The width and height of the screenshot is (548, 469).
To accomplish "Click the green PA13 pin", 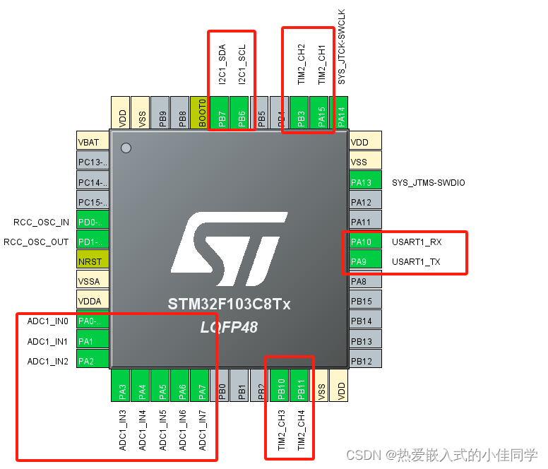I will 365,182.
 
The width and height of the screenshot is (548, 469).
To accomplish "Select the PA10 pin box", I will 365,242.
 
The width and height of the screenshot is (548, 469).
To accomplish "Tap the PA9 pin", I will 365,261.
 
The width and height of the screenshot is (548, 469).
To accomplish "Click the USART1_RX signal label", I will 417,242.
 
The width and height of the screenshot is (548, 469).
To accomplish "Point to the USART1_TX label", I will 416,261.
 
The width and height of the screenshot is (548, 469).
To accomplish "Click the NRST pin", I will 93,261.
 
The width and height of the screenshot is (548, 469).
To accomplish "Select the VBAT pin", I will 93,142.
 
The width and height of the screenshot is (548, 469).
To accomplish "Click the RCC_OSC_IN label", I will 41,222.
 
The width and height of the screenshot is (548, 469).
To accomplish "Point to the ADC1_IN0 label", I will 48,321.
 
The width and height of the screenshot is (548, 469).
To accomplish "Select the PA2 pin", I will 93,361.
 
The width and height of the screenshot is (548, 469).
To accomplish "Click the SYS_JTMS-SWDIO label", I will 429,182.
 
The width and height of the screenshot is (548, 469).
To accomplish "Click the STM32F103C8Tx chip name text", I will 230,304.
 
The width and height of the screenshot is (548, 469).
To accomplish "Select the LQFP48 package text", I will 230,326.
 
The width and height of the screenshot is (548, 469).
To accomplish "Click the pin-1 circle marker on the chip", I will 126,148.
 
